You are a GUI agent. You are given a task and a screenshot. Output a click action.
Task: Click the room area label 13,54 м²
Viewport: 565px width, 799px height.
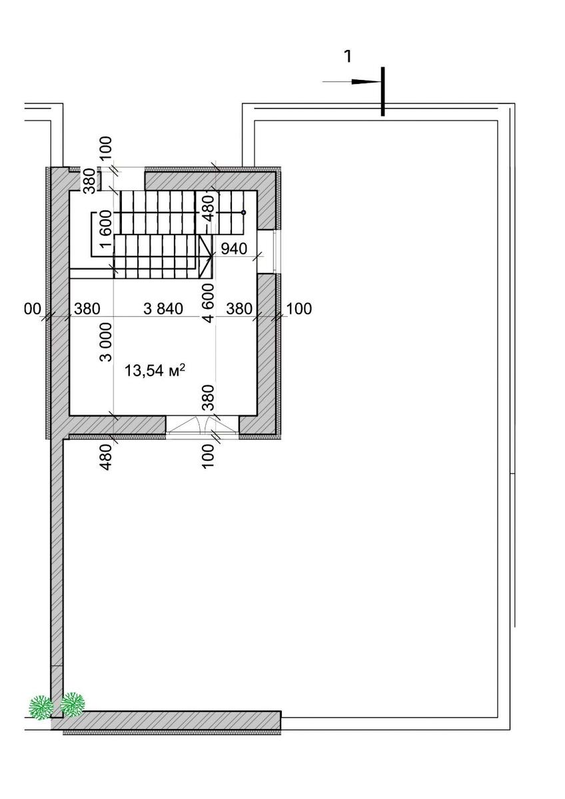coord(155,370)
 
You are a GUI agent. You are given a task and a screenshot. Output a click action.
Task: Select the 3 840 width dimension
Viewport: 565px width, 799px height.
coord(163,308)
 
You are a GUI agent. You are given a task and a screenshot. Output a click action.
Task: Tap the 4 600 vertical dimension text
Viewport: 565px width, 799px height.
coord(208,303)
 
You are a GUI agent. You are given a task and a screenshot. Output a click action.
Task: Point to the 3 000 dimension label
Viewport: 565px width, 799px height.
coord(106,342)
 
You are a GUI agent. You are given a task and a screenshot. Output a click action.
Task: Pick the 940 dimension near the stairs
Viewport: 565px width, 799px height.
coord(234,248)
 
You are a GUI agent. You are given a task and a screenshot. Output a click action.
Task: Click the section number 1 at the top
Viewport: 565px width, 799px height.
coord(347,57)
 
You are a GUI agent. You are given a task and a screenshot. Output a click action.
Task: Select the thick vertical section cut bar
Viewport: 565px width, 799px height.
coord(383,91)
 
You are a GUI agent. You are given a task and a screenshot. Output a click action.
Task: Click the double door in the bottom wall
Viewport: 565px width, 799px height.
coord(203,425)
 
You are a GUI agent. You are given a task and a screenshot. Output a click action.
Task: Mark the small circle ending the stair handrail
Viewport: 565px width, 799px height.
coord(243,212)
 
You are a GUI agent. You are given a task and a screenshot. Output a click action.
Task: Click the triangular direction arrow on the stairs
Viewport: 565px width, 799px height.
coord(205,256)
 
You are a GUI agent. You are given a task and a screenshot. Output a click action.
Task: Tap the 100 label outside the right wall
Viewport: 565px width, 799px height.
coord(299,309)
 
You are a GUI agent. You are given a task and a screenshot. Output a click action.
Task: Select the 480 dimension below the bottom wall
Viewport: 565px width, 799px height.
coord(107,457)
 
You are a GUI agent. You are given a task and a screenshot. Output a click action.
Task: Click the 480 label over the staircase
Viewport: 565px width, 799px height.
coord(208,207)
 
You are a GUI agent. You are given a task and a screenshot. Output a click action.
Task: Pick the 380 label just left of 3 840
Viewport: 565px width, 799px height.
coord(87,309)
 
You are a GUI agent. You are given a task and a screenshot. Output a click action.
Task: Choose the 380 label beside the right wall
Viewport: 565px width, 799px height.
coord(239,309)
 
